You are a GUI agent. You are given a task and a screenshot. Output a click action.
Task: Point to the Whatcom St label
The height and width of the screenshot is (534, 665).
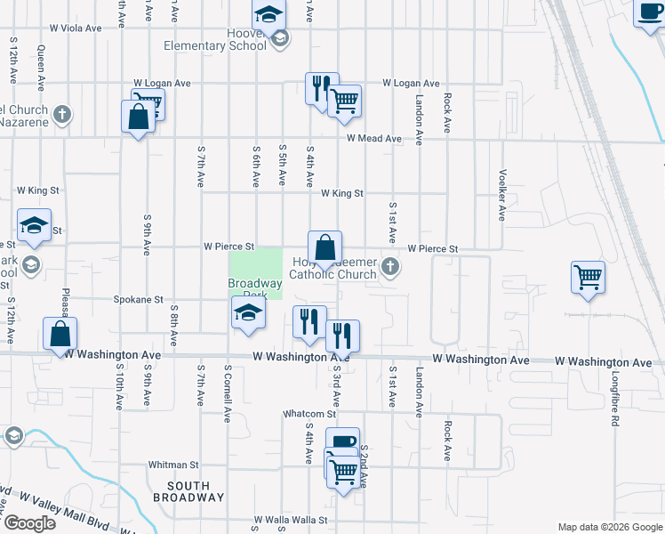point(309,414)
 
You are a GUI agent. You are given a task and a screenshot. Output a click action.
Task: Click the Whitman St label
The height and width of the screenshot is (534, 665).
point(173,465)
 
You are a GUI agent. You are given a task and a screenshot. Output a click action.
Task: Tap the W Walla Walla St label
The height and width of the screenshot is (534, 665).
point(291,520)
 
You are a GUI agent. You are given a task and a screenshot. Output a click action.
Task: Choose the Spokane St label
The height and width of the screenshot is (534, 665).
point(138,301)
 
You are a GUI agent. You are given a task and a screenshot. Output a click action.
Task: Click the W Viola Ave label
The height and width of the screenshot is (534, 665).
point(76,28)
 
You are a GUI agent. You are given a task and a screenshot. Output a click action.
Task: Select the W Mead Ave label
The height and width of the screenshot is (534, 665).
point(374,139)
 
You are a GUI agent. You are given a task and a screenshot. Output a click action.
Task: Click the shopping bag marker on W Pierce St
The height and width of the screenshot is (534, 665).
point(325,247)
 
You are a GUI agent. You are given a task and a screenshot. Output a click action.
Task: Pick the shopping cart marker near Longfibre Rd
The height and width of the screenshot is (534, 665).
point(588,278)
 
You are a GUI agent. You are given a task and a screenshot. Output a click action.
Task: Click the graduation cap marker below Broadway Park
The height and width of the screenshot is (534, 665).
point(248,312)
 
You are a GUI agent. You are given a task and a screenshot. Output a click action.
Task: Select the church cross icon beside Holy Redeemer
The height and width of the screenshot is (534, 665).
point(389,266)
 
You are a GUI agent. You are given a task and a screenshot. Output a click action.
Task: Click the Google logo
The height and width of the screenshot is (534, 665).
point(29,523)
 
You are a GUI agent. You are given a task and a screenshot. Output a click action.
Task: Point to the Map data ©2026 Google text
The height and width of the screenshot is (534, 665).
point(609,527)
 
